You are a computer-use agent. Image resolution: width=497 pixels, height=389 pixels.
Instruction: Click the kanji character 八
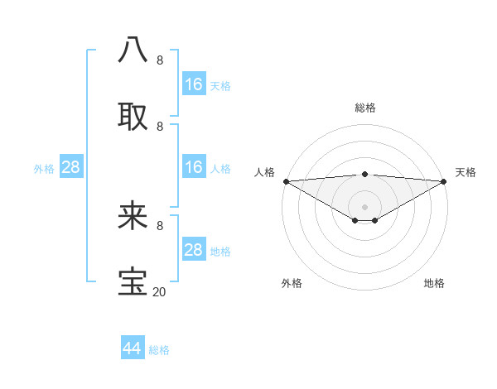133,49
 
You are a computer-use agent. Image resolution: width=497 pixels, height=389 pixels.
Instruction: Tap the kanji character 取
133,115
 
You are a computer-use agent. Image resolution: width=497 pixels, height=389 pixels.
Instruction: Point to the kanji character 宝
133,281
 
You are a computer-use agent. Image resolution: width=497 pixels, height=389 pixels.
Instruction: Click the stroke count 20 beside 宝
159,291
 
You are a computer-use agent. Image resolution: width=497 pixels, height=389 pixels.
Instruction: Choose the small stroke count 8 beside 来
159,225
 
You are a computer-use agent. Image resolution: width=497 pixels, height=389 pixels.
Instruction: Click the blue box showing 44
133,348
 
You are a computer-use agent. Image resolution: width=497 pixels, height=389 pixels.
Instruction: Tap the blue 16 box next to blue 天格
194,84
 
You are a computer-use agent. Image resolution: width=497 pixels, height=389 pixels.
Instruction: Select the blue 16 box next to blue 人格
194,167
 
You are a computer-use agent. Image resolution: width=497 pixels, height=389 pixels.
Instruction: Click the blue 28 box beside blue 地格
194,250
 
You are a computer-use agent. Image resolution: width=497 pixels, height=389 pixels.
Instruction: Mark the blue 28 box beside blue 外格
71,167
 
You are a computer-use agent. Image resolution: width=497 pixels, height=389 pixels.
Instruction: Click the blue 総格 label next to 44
159,350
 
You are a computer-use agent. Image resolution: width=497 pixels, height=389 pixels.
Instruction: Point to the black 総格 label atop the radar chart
364,108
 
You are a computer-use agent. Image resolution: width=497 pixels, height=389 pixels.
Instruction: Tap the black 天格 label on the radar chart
466,172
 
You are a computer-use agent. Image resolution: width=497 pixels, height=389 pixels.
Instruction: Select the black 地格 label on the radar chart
434,283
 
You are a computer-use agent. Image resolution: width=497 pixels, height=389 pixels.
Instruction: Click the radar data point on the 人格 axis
286,181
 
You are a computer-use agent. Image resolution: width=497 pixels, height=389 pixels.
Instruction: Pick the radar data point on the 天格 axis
444,181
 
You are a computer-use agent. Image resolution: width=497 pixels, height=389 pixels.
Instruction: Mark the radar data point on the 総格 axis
364,174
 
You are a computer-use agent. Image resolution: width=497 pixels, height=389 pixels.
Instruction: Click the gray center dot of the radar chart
364,206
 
